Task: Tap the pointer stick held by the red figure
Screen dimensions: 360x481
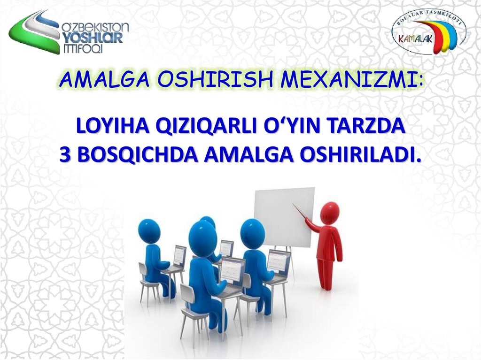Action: point(299,211)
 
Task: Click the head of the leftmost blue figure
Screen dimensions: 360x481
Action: point(149,230)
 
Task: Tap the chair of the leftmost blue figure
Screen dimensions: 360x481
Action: point(148,282)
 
